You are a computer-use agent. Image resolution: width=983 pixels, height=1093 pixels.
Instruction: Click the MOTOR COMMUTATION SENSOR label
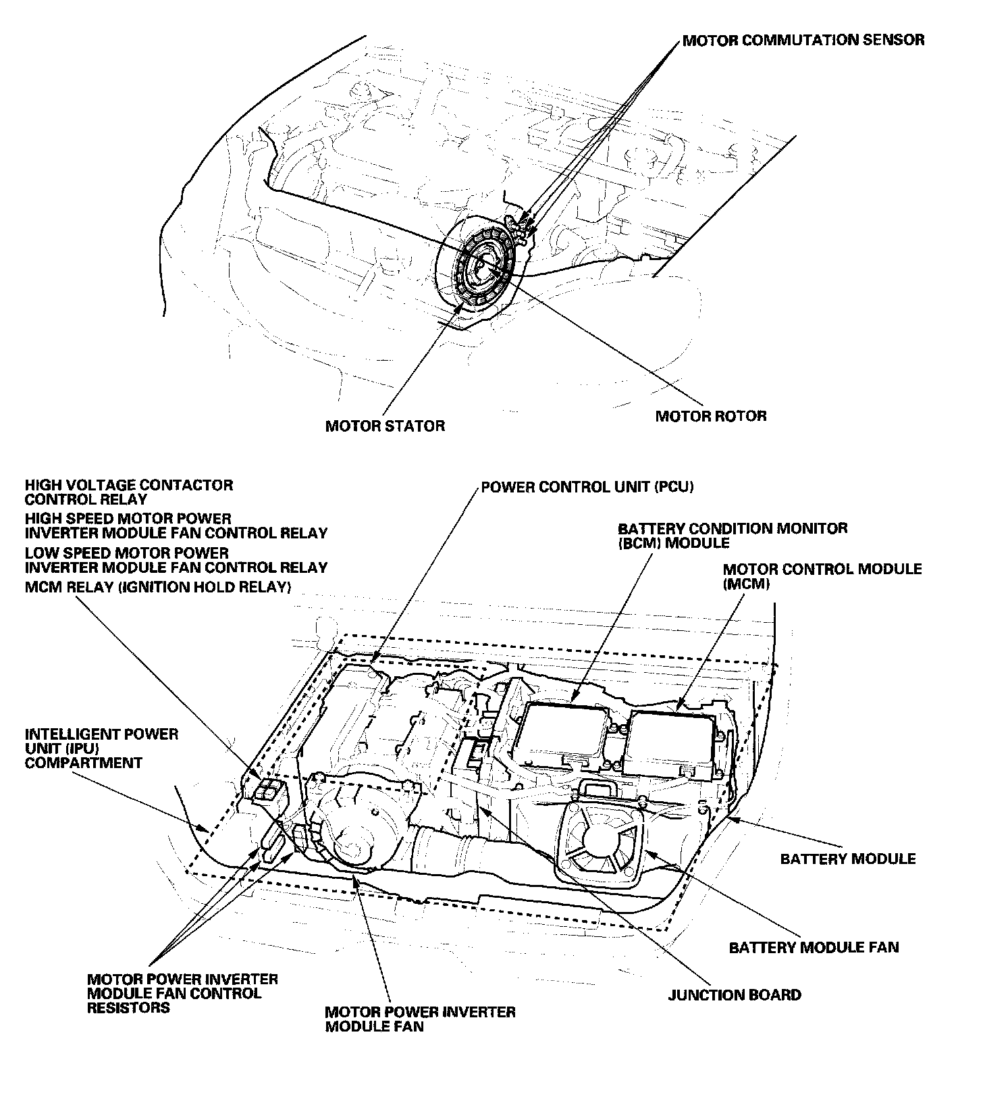[x=803, y=40]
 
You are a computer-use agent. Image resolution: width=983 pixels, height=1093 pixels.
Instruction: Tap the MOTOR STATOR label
[x=385, y=426]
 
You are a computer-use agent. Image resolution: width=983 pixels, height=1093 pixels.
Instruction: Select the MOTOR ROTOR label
[x=710, y=415]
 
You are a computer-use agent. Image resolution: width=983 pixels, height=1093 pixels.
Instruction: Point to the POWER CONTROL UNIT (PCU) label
[x=587, y=486]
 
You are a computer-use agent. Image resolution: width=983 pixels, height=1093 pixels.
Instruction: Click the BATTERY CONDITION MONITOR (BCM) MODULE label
[x=732, y=535]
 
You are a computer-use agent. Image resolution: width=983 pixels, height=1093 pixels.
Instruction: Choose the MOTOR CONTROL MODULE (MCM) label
[x=822, y=576]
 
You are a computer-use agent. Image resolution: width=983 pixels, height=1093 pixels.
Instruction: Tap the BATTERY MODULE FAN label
[x=814, y=947]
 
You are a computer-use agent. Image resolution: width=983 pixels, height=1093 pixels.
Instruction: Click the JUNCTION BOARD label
[x=734, y=994]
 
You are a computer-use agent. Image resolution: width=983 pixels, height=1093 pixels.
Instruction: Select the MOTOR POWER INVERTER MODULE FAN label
[x=419, y=1019]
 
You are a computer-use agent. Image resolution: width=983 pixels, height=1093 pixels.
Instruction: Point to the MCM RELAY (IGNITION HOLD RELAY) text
[x=157, y=587]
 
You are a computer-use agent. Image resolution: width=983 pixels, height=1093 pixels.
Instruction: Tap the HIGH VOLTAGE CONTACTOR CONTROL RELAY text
[x=128, y=492]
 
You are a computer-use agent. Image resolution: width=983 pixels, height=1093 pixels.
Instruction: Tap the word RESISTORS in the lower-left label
[x=128, y=1008]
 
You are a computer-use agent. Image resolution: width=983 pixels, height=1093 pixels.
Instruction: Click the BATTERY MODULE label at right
[x=847, y=859]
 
